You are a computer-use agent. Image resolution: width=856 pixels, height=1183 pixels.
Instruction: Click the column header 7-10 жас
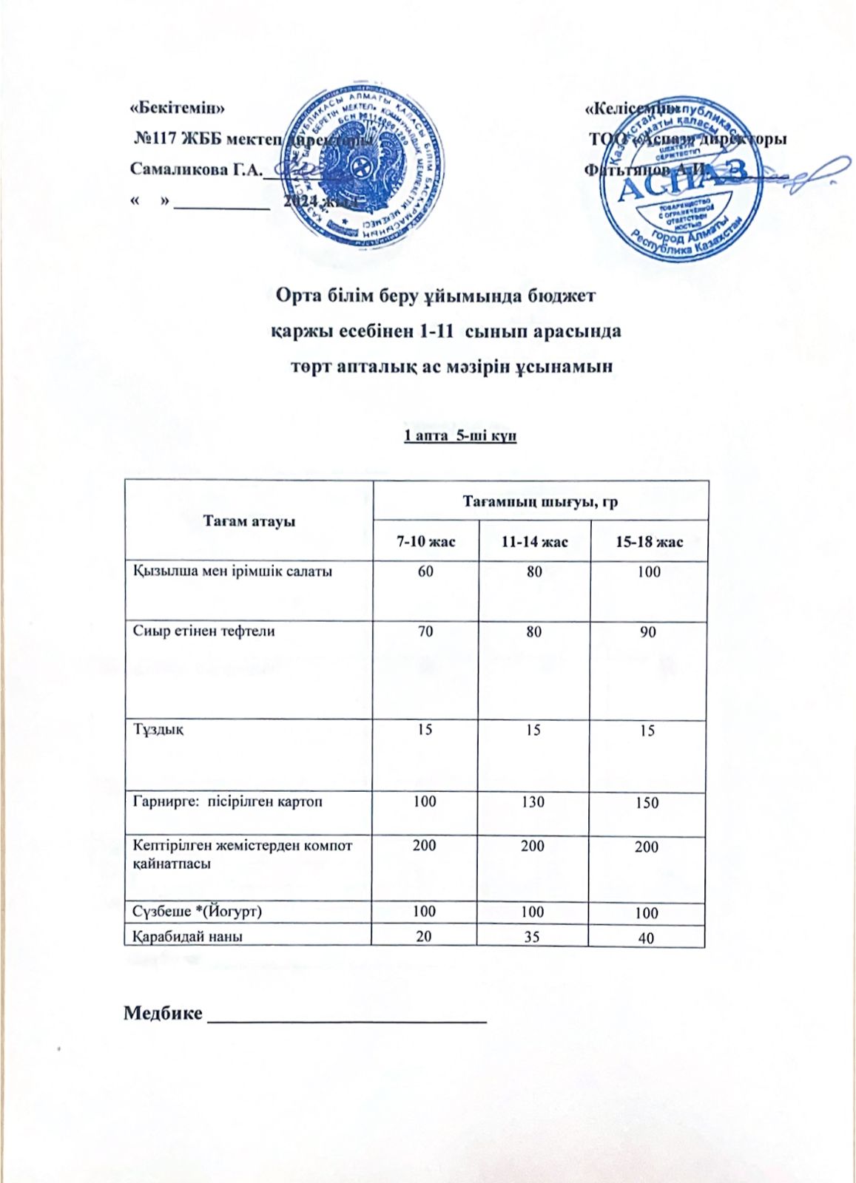pos(425,542)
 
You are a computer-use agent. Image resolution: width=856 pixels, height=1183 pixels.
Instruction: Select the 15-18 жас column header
pos(649,542)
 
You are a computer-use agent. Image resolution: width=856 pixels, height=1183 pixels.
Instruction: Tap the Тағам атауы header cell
pos(249,521)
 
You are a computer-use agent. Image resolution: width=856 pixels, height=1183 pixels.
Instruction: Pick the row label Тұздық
pos(158,730)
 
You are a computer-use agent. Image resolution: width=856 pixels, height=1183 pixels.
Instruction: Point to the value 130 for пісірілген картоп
pos(533,801)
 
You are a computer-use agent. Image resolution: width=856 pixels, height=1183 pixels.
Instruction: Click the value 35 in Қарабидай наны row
pos(532,936)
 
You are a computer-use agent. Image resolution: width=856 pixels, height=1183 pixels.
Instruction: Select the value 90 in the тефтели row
pos(648,632)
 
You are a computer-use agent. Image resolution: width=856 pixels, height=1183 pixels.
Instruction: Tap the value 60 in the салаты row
pos(425,572)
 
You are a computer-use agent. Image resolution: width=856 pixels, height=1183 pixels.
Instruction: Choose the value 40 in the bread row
pos(646,938)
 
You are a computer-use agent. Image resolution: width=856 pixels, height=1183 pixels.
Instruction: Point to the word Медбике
pos(163,1012)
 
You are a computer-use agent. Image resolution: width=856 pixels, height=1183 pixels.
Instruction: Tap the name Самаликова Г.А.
pos(196,169)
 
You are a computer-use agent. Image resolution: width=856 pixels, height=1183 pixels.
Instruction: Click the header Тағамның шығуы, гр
pos(540,501)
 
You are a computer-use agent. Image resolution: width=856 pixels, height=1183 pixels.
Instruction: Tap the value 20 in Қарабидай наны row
pos(424,935)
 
